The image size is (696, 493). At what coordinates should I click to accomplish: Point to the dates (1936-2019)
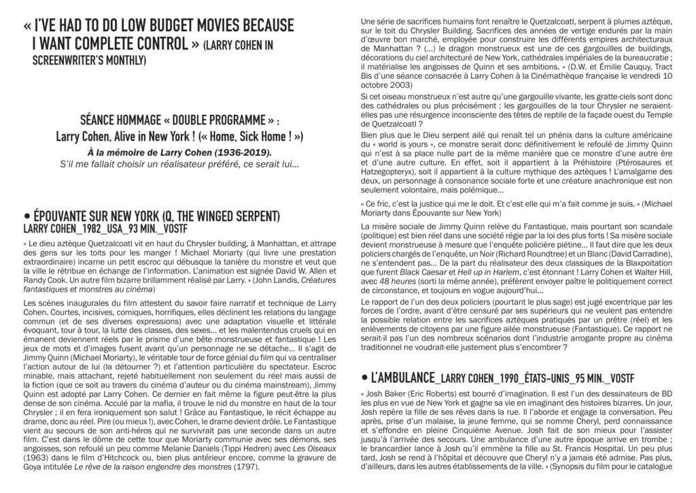point(241,150)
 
